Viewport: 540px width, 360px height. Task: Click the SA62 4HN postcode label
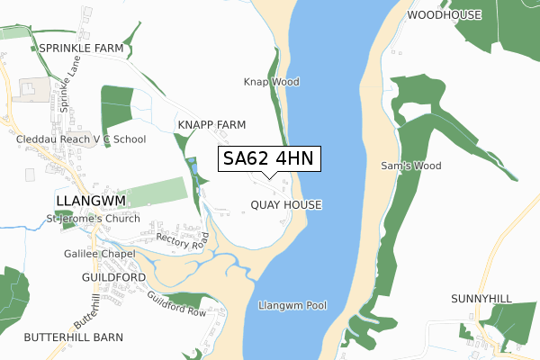point(268,159)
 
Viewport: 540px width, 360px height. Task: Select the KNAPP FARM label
point(211,124)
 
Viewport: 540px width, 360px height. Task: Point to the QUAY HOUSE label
point(286,205)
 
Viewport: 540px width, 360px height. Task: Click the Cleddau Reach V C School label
point(81,139)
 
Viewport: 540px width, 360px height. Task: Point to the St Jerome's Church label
point(93,219)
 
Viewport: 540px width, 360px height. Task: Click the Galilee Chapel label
point(100,254)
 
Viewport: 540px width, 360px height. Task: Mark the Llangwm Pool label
point(292,306)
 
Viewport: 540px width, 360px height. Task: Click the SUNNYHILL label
point(481,297)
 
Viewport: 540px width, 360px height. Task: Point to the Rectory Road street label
point(182,239)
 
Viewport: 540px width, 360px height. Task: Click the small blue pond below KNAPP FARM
point(193,166)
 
